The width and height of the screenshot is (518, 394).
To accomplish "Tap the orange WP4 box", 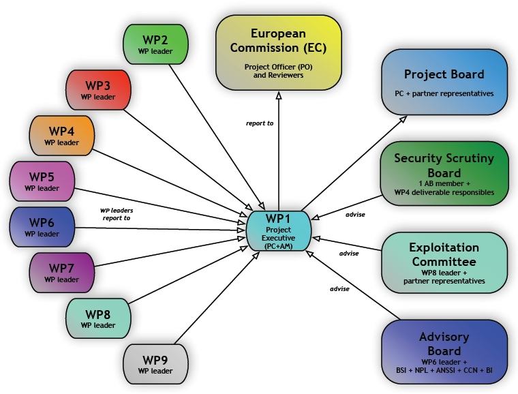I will (62, 135).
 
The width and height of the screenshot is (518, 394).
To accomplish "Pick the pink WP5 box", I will (42, 181).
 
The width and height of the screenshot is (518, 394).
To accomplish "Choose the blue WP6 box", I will (42, 227).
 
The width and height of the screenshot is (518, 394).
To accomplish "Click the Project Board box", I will (444, 81).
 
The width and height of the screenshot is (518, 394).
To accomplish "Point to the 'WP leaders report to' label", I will (117, 214).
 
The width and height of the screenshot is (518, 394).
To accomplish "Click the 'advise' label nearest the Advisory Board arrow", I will (339, 288).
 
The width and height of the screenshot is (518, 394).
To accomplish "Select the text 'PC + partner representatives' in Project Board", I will (444, 93).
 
